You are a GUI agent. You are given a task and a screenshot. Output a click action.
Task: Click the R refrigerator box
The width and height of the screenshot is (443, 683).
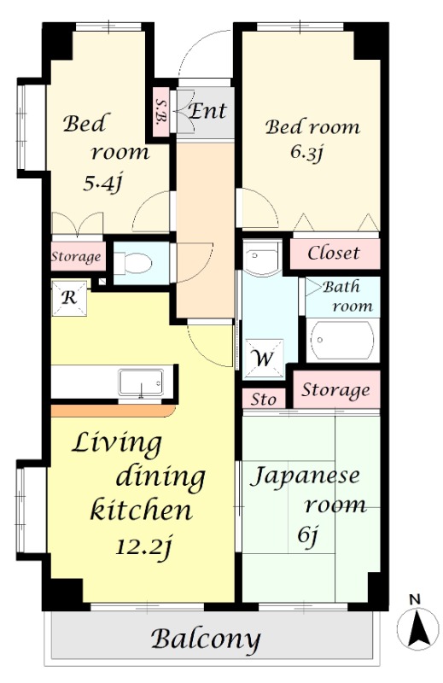tap(67, 297)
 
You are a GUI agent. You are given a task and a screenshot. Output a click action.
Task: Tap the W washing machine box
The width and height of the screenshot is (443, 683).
tap(261, 358)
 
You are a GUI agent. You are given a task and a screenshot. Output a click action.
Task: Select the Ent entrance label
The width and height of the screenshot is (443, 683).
tap(207, 111)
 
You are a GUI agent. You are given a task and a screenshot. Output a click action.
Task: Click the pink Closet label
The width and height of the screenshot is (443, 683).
tap(333, 254)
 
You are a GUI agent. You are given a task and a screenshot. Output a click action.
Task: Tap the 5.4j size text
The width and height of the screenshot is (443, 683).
tap(102, 181)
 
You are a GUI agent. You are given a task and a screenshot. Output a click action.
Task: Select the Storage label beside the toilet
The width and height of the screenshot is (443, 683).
tap(76, 256)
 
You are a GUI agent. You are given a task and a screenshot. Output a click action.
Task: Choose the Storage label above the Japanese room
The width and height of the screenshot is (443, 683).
tap(336, 390)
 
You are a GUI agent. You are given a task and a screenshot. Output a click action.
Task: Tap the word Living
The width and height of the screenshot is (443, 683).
tap(116, 443)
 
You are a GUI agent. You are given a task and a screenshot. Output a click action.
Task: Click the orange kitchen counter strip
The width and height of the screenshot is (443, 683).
tap(111, 411)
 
